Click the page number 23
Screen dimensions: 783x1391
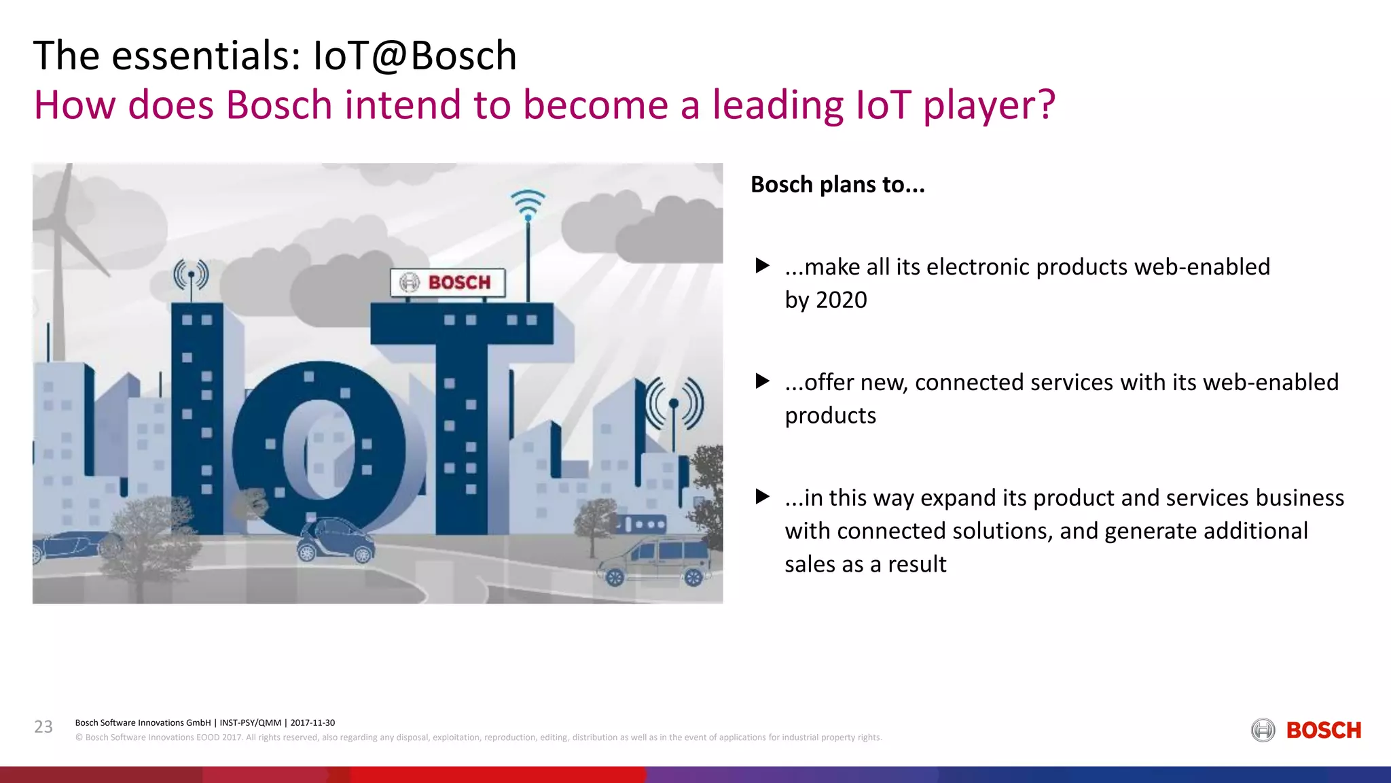(43, 727)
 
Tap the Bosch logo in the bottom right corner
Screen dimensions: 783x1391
(1306, 730)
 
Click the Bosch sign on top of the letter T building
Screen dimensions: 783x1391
(448, 282)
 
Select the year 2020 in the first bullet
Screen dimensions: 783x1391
(842, 300)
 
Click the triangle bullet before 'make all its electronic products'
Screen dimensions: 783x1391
(763, 266)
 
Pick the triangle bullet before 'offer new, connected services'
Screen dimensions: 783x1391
(763, 381)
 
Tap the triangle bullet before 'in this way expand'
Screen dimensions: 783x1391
(763, 497)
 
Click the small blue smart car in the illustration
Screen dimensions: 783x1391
(336, 540)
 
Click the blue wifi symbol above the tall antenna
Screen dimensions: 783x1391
(528, 205)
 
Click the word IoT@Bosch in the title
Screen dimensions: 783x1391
(414, 56)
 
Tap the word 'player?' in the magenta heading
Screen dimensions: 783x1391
(989, 105)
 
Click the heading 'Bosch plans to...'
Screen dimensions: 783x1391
(837, 185)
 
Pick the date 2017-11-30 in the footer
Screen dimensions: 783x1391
(312, 723)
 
